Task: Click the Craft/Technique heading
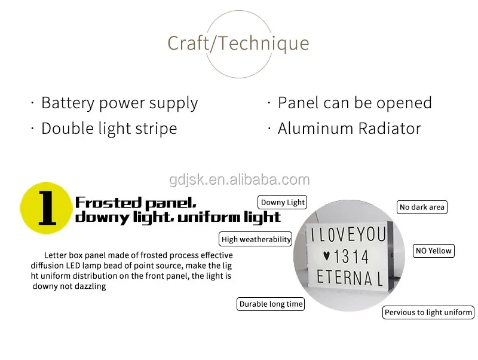238,43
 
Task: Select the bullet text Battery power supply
119,103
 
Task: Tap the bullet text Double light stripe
109,129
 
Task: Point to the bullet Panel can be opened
355,103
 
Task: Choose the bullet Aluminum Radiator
350,129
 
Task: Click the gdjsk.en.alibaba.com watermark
240,179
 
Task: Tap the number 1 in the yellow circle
47,208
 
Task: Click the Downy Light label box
282,202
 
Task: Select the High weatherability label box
256,239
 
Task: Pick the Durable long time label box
271,304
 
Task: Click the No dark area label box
422,207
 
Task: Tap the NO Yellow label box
434,251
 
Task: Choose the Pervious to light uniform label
428,312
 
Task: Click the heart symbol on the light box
326,256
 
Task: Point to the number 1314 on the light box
351,257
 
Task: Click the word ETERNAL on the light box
350,277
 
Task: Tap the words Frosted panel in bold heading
136,203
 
